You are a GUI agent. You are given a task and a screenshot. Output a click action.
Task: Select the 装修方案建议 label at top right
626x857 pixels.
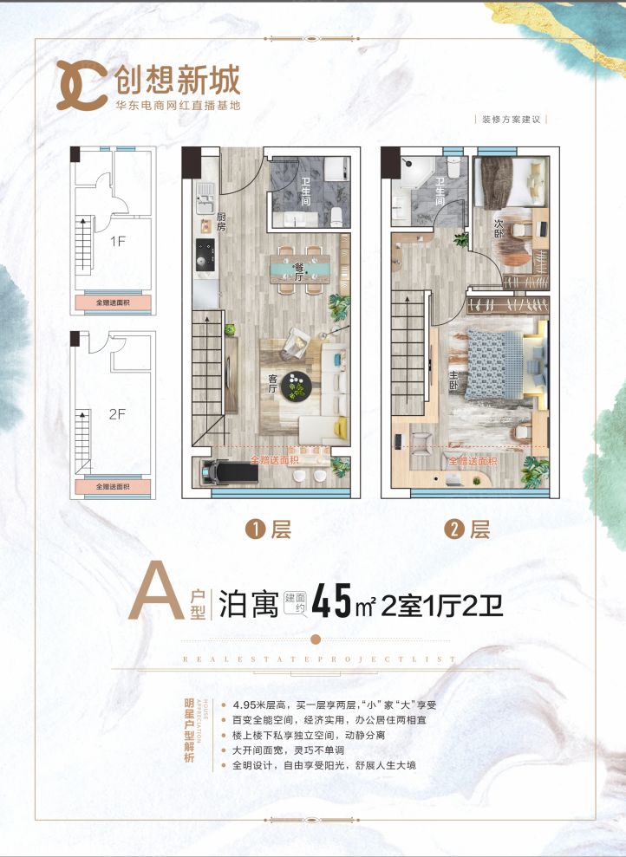(512, 120)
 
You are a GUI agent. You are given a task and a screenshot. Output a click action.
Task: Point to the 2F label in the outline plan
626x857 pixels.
(118, 414)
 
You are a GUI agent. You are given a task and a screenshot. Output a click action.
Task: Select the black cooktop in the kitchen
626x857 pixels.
(206, 255)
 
